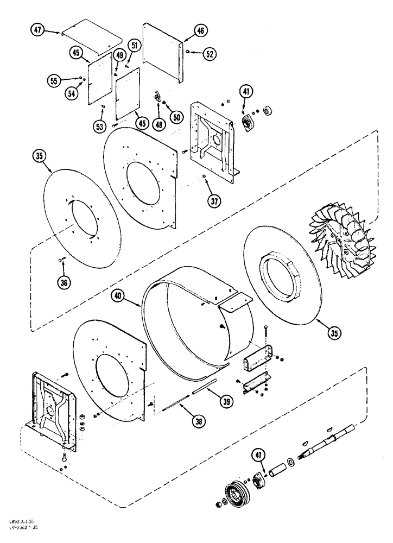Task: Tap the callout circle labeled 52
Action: (x=210, y=53)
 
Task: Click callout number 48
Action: (x=158, y=124)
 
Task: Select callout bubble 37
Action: (x=215, y=201)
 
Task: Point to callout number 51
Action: (x=134, y=46)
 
